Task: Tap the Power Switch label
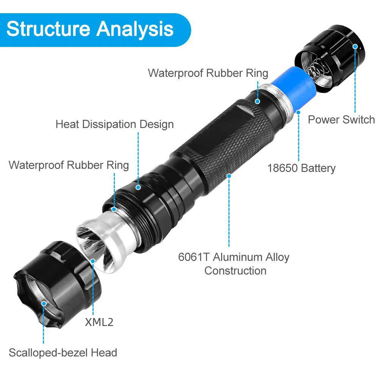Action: pyautogui.click(x=341, y=120)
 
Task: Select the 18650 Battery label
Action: pyautogui.click(x=301, y=168)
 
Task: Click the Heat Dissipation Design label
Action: pyautogui.click(x=114, y=124)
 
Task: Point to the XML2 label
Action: pyautogui.click(x=99, y=322)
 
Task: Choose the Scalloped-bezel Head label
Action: pyautogui.click(x=63, y=353)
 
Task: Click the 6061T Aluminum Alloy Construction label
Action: pyautogui.click(x=234, y=264)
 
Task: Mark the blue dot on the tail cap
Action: pyautogui.click(x=355, y=47)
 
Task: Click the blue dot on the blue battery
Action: pyautogui.click(x=298, y=112)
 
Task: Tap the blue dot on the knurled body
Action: pyautogui.click(x=229, y=176)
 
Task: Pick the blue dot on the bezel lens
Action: pyautogui.click(x=44, y=304)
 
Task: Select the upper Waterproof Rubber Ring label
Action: pyautogui.click(x=208, y=73)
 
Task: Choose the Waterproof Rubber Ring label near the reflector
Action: pyautogui.click(x=69, y=165)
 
